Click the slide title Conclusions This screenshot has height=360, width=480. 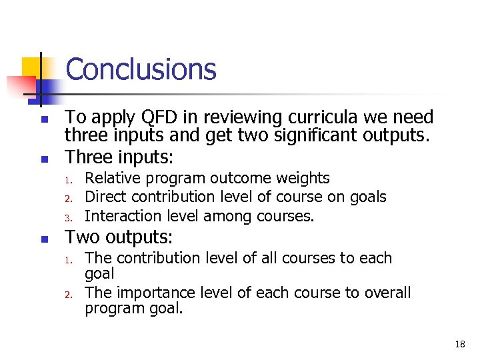coord(141,69)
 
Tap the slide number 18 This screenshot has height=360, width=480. coord(459,345)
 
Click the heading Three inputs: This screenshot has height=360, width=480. coord(119,158)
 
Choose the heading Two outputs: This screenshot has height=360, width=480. coord(119,237)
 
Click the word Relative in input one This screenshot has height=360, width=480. coord(111,178)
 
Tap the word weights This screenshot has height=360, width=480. coord(306,178)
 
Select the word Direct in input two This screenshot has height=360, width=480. coord(105,197)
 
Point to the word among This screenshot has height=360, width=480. coord(225,216)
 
